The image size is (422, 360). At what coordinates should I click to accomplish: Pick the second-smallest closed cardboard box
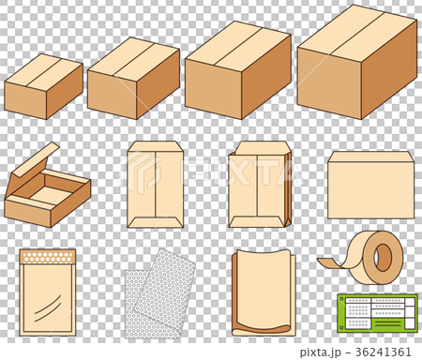[131, 81]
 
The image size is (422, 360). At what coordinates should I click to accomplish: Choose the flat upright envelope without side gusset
[155, 187]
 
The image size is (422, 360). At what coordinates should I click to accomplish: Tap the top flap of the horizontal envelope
[370, 157]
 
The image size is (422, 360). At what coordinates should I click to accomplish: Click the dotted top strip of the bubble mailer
[47, 255]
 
